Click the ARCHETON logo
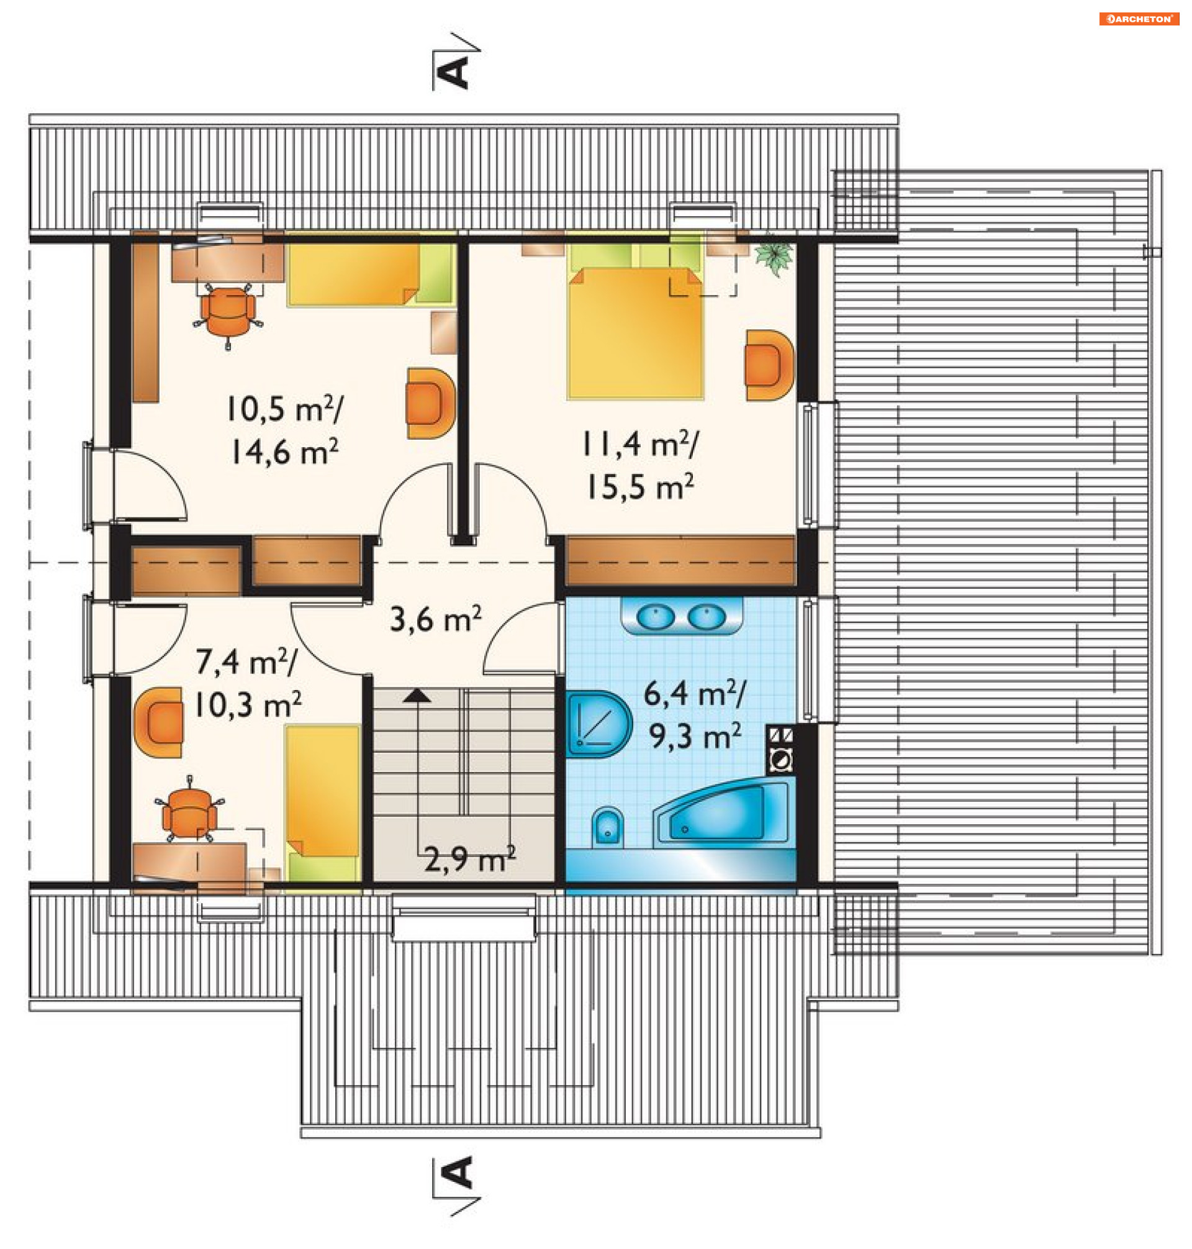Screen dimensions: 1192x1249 pos(1139,19)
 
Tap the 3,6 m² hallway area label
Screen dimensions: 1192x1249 pos(435,620)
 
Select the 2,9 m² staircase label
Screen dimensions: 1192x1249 pos(469,859)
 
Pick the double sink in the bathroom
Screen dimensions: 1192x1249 pos(681,616)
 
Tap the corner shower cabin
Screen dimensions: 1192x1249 pos(598,724)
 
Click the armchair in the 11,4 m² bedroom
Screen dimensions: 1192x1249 pos(769,365)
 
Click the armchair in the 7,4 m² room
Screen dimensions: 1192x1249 pos(159,722)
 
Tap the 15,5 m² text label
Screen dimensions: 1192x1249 pos(639,488)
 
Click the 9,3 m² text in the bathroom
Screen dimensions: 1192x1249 pos(695,736)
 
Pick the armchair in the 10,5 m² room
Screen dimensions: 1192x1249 pos(431,403)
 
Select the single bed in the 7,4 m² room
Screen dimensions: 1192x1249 pos(323,804)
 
